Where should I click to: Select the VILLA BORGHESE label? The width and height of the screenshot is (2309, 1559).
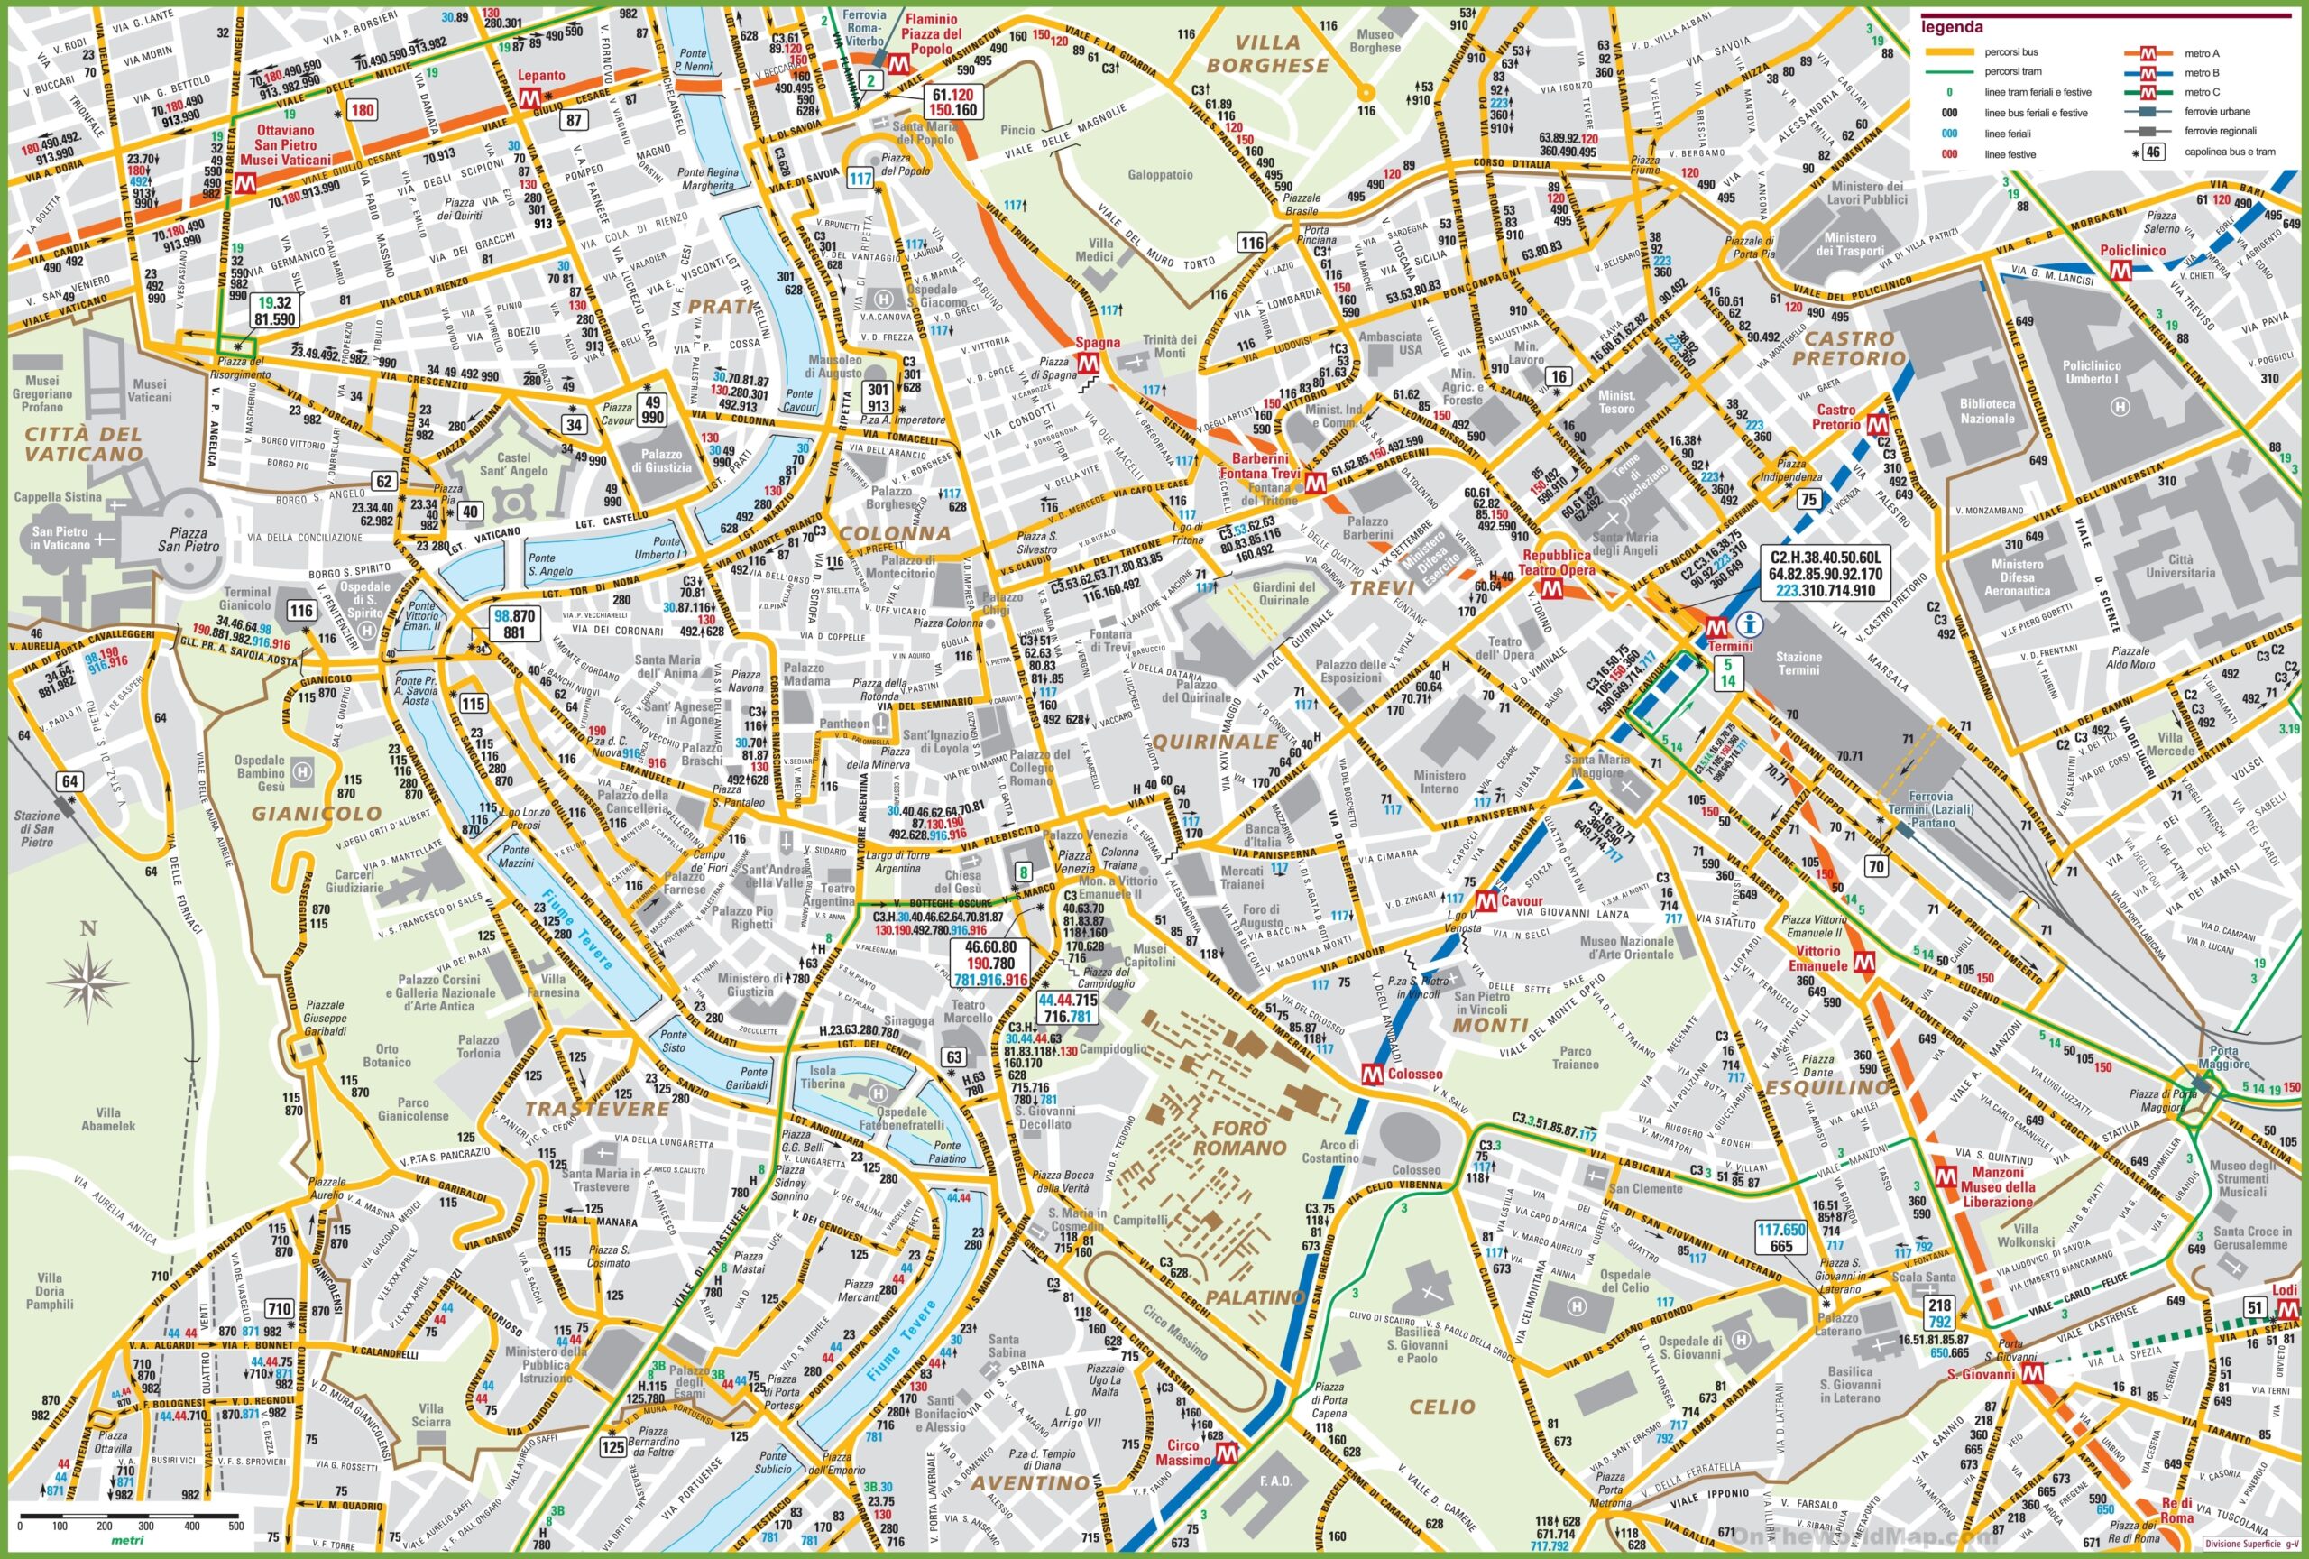[1268, 53]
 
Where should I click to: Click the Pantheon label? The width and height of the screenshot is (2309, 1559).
[845, 724]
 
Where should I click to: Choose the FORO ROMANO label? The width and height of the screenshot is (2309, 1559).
[1240, 1138]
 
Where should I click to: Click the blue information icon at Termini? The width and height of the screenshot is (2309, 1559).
[1751, 624]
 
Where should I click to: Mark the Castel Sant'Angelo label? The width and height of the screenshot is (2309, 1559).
[514, 464]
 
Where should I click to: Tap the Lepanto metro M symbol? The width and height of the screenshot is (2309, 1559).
[529, 97]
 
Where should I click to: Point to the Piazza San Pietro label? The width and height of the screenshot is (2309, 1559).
[188, 540]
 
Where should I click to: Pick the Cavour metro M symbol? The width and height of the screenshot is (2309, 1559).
[1486, 901]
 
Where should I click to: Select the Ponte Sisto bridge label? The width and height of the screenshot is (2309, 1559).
[674, 1041]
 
